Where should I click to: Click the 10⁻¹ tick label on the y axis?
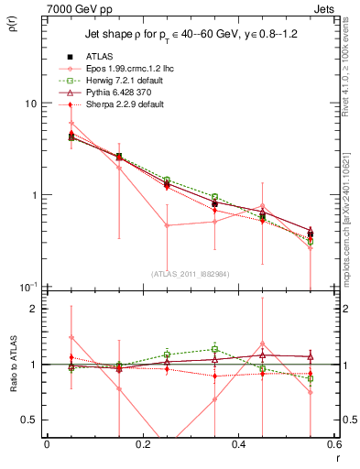coord(27,287)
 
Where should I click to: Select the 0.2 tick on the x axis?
coord(142,444)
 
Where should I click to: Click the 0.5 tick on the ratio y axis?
coord(29,420)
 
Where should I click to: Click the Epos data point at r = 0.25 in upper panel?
coord(167,225)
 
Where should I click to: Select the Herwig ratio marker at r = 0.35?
coord(214,349)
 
